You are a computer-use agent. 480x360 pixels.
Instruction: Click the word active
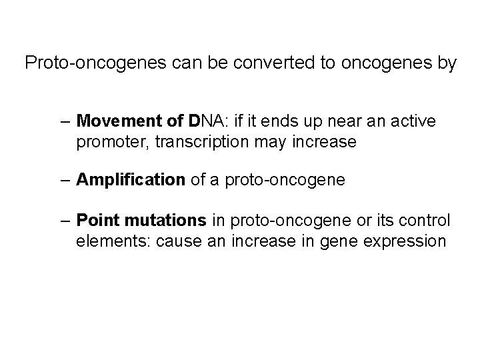413,121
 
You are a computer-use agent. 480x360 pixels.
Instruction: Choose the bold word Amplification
131,180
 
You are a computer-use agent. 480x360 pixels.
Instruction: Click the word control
427,219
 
